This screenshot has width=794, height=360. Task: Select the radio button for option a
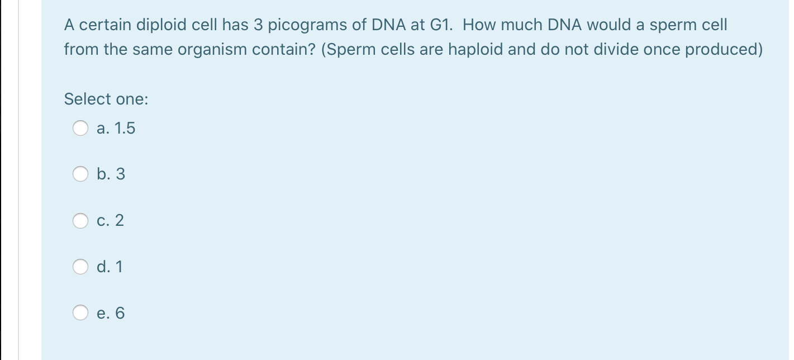tap(80, 129)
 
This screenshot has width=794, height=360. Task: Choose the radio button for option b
tap(80, 174)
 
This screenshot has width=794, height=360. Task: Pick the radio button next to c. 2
tap(80, 221)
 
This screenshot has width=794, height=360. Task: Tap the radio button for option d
tap(80, 267)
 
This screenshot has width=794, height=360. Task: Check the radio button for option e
tap(80, 313)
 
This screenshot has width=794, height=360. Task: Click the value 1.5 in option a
tap(124, 129)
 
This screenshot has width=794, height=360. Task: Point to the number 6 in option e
tap(120, 313)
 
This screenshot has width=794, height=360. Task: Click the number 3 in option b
tap(120, 174)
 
